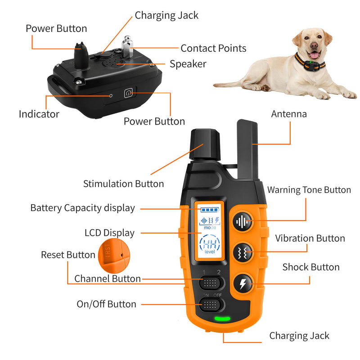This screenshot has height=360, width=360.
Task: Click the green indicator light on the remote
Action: pyautogui.click(x=221, y=319)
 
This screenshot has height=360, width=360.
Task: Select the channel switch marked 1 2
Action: pyautogui.click(x=211, y=283)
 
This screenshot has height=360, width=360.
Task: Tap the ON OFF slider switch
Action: pyautogui.click(x=211, y=305)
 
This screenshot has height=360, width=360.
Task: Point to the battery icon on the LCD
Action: pyautogui.click(x=208, y=210)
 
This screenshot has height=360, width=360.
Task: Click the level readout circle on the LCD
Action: pyautogui.click(x=209, y=246)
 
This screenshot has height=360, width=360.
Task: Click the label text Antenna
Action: pyautogui.click(x=288, y=114)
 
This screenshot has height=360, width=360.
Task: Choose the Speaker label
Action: pyautogui.click(x=188, y=64)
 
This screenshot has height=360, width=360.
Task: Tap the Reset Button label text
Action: pyautogui.click(x=68, y=255)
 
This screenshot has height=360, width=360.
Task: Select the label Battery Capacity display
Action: pyautogui.click(x=82, y=208)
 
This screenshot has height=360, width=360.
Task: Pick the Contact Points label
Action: pyautogui.click(x=213, y=48)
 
